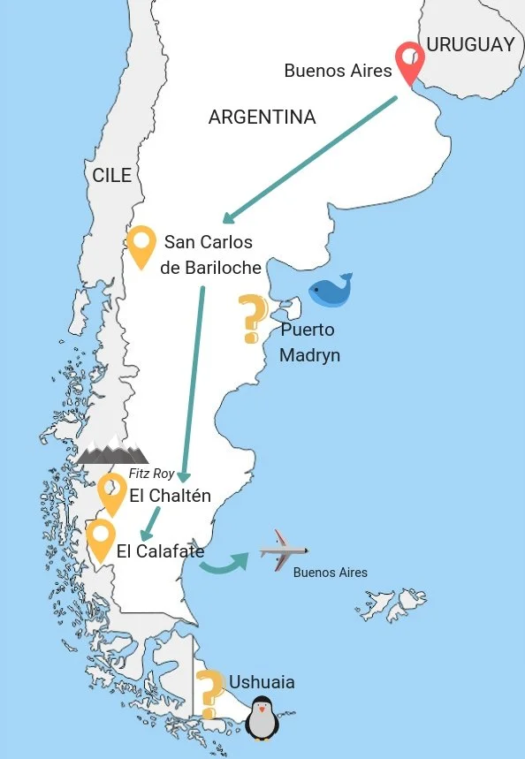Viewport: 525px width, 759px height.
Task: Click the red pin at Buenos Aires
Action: tap(409, 60)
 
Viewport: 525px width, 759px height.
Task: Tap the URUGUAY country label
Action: tap(470, 44)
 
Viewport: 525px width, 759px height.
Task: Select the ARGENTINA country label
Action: tap(262, 117)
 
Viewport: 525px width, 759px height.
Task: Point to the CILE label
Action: tap(111, 175)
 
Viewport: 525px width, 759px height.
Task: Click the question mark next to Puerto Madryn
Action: tap(253, 318)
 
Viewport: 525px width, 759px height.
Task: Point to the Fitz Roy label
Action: tap(151, 474)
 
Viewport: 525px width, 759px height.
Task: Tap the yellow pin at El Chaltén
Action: tap(112, 492)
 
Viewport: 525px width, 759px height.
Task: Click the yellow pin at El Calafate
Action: tap(100, 538)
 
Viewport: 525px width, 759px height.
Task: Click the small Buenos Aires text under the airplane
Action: tap(330, 573)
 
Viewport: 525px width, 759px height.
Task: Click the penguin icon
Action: tap(262, 717)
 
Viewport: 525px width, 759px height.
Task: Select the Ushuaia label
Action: tap(262, 682)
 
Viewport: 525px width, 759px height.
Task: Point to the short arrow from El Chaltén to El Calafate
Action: tap(151, 521)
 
